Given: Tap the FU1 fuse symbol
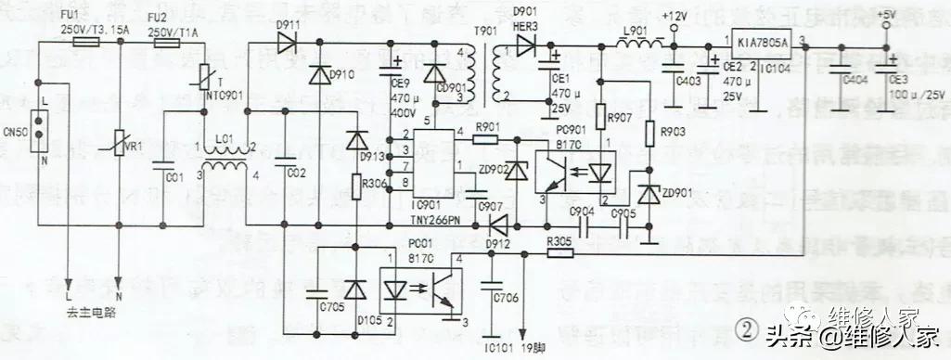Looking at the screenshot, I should coord(85,42).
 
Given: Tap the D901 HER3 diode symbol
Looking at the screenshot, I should coord(528,43).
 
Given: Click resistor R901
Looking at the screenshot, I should coord(486,139).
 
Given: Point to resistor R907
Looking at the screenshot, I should coord(599,117).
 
